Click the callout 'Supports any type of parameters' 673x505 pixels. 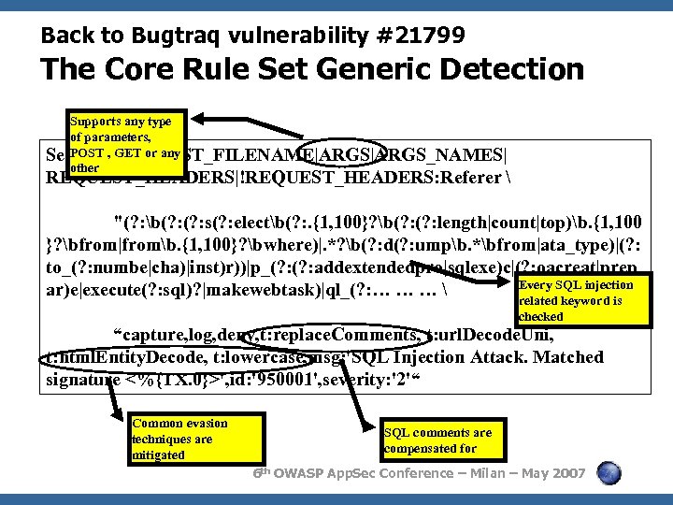coord(126,145)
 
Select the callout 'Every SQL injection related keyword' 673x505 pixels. coord(582,300)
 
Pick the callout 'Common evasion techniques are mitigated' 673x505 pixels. coord(179,439)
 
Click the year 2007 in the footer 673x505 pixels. coord(568,474)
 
